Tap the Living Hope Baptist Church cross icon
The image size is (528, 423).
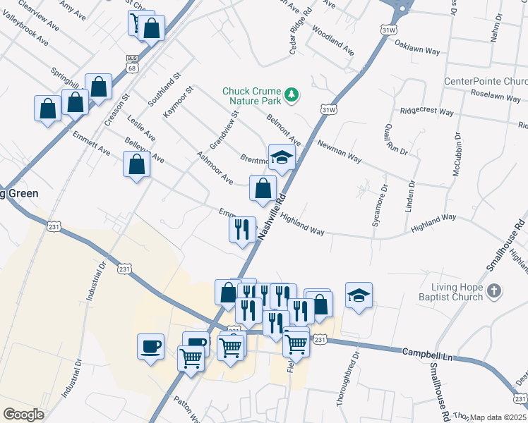tap(494, 290)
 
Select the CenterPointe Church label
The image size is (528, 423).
tap(486, 82)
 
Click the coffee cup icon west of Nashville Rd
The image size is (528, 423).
tap(150, 346)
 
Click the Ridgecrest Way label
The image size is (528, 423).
tap(426, 111)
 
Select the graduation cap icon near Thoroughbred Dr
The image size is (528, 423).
tap(359, 295)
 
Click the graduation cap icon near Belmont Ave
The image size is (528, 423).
tap(282, 157)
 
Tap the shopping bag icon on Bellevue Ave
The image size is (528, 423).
tap(136, 165)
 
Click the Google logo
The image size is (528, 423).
tap(24, 415)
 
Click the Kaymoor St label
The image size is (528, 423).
tap(179, 102)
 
